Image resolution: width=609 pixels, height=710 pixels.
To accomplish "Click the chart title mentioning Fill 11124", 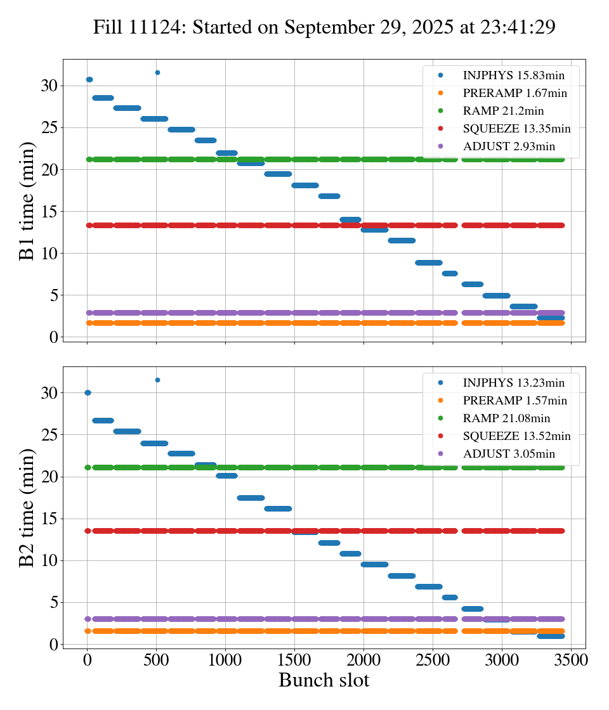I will click(324, 27).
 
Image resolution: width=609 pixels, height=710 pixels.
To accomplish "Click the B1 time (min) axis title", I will click(27, 201).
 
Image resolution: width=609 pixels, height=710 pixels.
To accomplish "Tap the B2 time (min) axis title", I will click(27, 508).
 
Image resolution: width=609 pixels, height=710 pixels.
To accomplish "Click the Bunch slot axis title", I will click(324, 681).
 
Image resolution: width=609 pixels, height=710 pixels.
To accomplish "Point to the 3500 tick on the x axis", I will click(571, 660).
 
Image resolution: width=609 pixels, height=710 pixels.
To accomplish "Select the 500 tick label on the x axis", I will click(157, 660).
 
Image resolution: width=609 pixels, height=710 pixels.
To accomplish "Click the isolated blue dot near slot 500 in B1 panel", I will click(157, 72).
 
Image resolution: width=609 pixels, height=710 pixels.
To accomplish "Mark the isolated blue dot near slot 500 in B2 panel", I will click(157, 380).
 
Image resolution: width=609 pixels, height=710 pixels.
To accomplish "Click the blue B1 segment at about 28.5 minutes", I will click(103, 98).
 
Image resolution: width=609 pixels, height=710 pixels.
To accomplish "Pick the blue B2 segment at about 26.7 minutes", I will click(103, 420).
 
